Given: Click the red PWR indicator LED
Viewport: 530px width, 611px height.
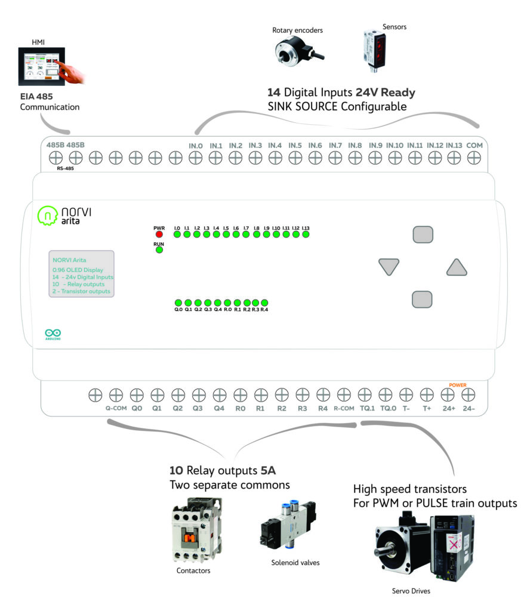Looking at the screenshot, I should (159, 234).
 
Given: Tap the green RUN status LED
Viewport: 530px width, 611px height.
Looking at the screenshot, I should (159, 250).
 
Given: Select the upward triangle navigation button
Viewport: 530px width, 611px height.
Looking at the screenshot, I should (456, 268).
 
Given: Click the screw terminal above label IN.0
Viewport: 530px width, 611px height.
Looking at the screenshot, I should (195, 158).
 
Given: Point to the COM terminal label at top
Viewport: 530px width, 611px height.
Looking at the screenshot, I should (474, 145).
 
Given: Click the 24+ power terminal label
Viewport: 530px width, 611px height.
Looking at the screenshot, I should (448, 409).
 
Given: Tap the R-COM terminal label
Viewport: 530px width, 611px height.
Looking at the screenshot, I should (344, 409).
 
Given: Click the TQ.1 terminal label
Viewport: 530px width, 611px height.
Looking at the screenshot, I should (366, 409).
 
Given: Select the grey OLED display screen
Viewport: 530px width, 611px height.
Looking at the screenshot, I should (82, 274).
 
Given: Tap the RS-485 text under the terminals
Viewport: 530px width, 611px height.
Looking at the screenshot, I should (66, 169).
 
